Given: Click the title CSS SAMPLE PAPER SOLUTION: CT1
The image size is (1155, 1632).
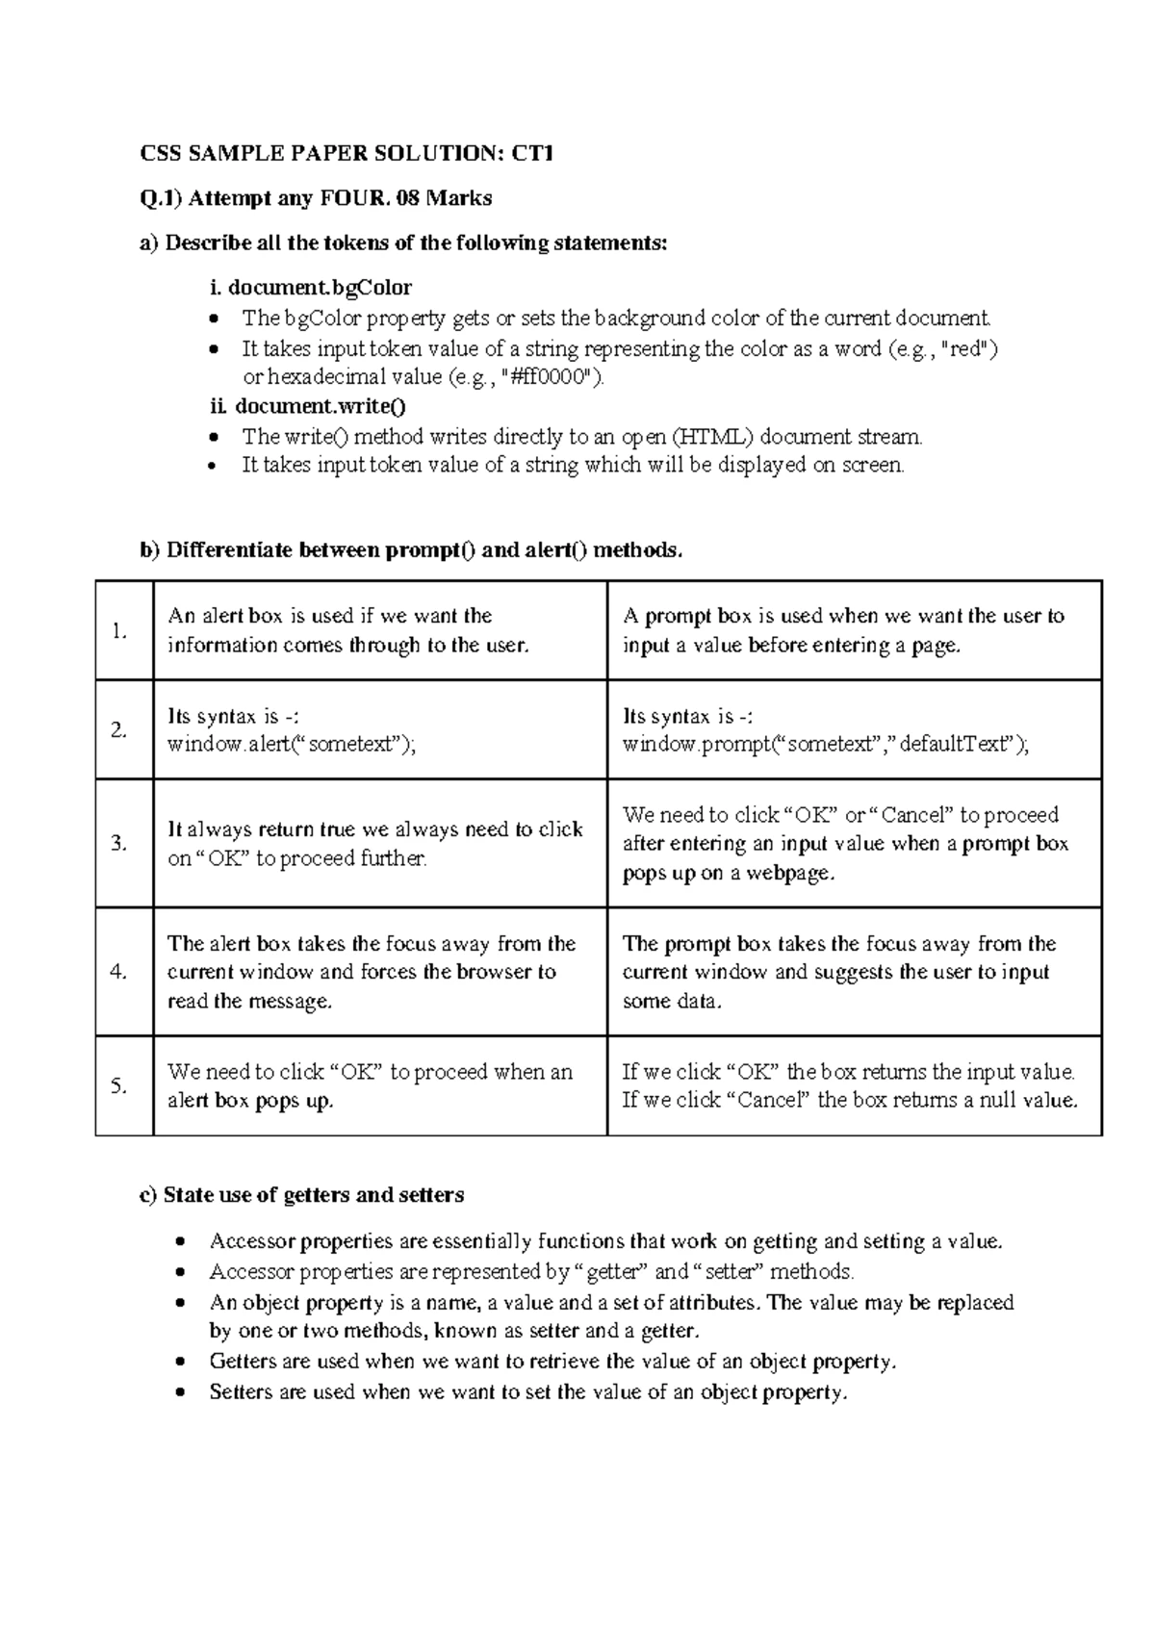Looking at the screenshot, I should point(346,153).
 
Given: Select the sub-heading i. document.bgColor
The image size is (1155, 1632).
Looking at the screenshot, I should point(310,287).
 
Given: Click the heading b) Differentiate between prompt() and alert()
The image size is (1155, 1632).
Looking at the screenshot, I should point(411,550).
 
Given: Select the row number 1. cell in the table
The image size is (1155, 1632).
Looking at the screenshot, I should point(119,632).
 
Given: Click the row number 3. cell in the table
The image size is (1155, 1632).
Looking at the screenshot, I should point(119,844).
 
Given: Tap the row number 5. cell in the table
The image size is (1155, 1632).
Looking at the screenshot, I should point(119,1086).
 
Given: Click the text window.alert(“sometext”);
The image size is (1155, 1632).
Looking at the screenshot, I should point(292,744).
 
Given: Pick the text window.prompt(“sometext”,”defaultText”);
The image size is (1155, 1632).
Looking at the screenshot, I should point(825,744).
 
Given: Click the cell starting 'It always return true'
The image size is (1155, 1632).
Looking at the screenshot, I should point(375,843).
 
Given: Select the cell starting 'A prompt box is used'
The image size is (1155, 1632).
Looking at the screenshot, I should point(843,630).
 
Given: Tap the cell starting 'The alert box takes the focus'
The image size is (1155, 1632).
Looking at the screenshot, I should point(372,972).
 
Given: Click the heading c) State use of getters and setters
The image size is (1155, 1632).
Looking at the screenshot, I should point(301,1195).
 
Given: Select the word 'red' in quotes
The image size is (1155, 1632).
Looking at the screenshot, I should point(965,348).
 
